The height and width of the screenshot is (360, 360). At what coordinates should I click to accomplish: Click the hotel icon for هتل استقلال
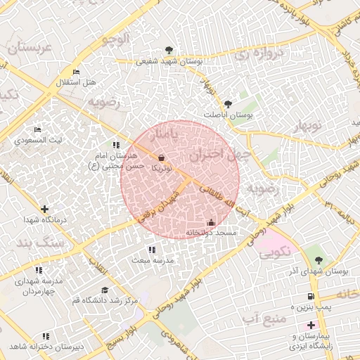click(x=77, y=72)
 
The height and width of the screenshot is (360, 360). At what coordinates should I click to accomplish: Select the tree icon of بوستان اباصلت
click(x=227, y=104)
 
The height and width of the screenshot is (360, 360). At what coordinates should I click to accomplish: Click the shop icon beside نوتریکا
click(x=163, y=158)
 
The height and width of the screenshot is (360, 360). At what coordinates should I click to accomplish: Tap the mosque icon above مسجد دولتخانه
click(x=211, y=223)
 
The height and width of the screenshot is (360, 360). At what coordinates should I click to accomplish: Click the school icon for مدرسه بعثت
click(x=151, y=250)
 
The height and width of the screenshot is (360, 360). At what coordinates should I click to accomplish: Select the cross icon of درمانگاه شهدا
click(x=45, y=209)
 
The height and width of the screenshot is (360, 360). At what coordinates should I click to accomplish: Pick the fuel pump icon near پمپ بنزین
click(x=311, y=296)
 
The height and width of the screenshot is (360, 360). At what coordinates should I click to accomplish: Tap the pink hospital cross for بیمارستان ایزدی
click(x=311, y=325)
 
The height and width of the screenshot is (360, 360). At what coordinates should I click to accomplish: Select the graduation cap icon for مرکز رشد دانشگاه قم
click(x=105, y=290)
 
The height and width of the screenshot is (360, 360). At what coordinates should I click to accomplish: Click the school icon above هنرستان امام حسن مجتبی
click(x=115, y=145)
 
